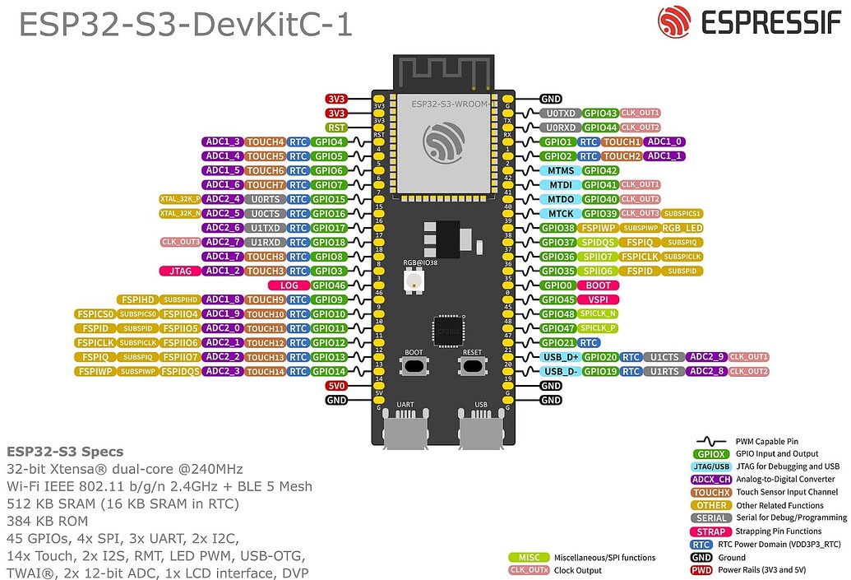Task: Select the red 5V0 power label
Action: (x=335, y=385)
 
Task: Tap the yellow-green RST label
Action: (x=335, y=128)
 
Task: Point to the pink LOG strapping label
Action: (x=289, y=285)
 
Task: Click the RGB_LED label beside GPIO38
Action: (x=682, y=228)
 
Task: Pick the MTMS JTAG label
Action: (x=561, y=170)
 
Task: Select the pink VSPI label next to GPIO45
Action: (x=599, y=299)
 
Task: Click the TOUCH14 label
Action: (x=265, y=371)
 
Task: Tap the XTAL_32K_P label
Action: (x=180, y=199)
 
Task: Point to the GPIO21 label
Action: (x=557, y=342)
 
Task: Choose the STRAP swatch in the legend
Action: (x=711, y=531)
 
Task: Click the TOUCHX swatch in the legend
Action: (x=711, y=492)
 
